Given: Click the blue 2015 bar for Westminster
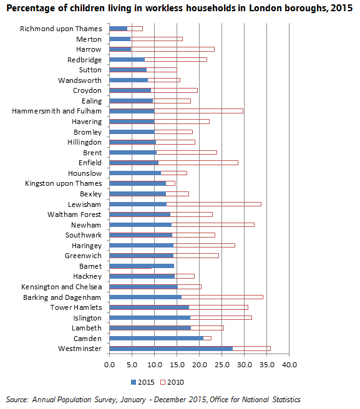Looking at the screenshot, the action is [171, 349].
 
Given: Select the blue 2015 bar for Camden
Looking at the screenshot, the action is [157, 339].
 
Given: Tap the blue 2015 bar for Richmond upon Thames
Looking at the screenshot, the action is [119, 29].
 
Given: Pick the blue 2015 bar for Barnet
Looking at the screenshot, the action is [142, 266].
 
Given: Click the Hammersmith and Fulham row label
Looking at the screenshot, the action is [57, 111].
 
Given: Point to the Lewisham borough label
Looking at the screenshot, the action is [84, 205].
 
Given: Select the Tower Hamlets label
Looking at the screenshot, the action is [76, 307].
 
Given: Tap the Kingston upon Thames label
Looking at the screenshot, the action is [64, 184].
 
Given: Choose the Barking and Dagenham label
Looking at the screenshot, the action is [62, 297].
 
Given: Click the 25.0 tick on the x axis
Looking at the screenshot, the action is [222, 365].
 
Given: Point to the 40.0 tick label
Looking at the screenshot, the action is [289, 365].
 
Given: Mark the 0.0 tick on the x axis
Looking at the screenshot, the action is [109, 365].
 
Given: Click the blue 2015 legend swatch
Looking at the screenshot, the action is [134, 382].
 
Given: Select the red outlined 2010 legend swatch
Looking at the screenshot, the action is [163, 382].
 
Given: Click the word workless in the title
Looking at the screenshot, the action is [164, 8].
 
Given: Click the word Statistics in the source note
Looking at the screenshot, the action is [286, 400].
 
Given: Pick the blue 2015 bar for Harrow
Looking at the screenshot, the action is [120, 49].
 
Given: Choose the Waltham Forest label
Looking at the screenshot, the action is [74, 214].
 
